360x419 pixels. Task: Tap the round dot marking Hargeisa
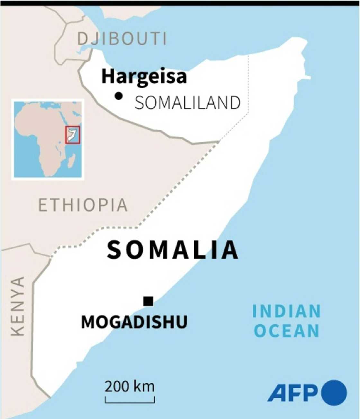tap(119, 96)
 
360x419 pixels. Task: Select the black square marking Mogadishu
tap(148, 301)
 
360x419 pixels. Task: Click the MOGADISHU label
tap(134, 322)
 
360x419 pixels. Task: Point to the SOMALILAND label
tap(187, 103)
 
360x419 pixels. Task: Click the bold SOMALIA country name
tap(173, 250)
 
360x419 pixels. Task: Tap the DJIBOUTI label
tap(122, 39)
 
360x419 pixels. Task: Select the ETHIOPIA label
tap(83, 205)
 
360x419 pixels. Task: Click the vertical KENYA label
tap(18, 306)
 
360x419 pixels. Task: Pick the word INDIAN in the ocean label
tap(286, 311)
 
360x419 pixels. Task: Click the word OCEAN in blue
tap(286, 331)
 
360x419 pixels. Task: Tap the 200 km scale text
tap(130, 386)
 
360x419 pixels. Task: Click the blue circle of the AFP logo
tap(334, 393)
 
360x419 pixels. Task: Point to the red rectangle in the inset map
tap(73, 135)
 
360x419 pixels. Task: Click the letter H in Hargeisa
tap(108, 76)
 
